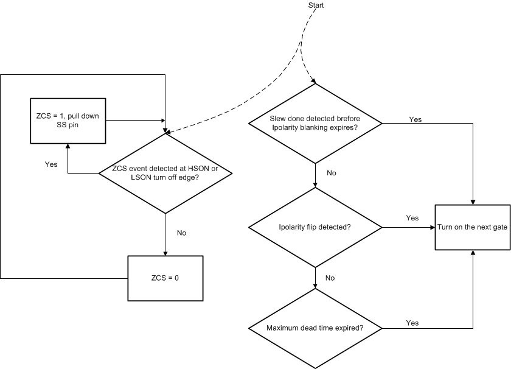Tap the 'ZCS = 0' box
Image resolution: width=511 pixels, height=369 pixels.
(x=165, y=278)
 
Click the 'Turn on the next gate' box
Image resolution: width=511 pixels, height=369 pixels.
(x=472, y=227)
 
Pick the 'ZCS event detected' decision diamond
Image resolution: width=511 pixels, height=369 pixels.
(x=165, y=173)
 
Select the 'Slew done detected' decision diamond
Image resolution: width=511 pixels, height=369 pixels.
(x=315, y=124)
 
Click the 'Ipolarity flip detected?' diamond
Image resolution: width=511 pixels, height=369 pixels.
(x=315, y=227)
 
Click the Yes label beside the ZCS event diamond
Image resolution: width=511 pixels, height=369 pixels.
(x=52, y=164)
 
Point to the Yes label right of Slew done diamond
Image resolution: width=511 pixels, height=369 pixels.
(x=415, y=119)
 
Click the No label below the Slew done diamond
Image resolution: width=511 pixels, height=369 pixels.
(x=332, y=174)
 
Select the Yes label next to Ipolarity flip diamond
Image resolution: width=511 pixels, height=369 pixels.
(x=412, y=217)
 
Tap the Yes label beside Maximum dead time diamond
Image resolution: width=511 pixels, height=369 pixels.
(x=412, y=323)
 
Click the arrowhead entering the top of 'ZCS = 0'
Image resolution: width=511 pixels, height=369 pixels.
(x=165, y=253)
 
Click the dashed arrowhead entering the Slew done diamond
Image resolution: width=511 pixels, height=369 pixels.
(x=313, y=81)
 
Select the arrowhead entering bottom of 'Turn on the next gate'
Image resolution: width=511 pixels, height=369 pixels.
(x=472, y=252)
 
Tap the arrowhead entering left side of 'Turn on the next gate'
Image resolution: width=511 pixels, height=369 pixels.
(x=431, y=227)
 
